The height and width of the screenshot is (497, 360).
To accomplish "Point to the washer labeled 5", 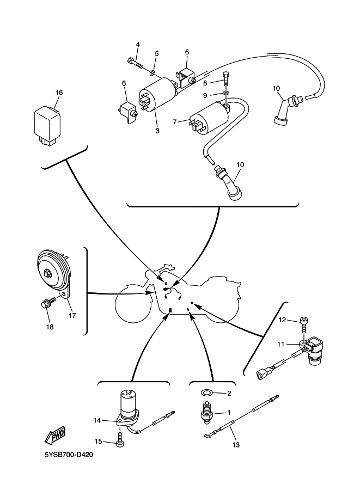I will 153,72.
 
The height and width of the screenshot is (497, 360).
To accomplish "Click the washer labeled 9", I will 226,94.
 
